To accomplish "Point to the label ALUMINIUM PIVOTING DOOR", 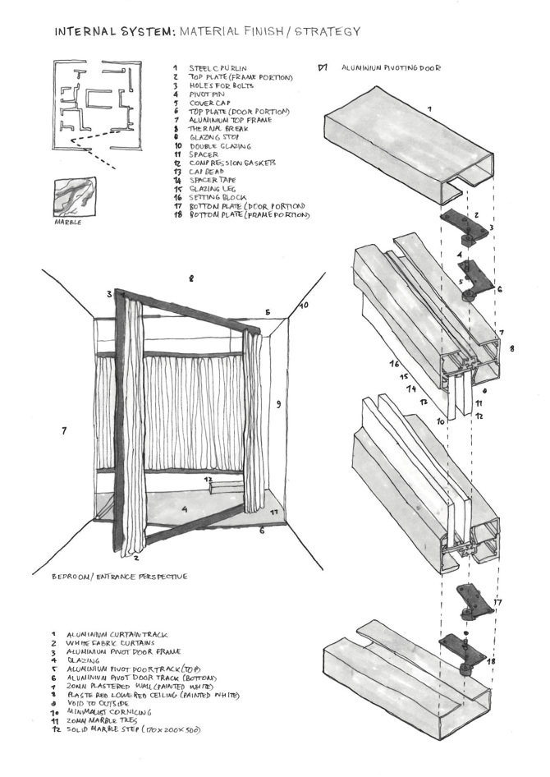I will pos(391,68).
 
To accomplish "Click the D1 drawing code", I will pos(322,67).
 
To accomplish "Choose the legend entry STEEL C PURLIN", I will pos(218,68).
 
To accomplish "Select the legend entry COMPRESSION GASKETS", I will pos(232,163).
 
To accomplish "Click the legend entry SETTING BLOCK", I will pos(219,197).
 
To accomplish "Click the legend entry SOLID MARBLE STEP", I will pos(135,729).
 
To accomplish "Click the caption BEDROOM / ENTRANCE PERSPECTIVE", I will pos(119,577).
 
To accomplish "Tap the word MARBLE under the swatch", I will pos(67,222).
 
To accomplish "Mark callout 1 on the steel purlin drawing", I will pos(428,108).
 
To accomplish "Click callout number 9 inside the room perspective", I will pos(278,404).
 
